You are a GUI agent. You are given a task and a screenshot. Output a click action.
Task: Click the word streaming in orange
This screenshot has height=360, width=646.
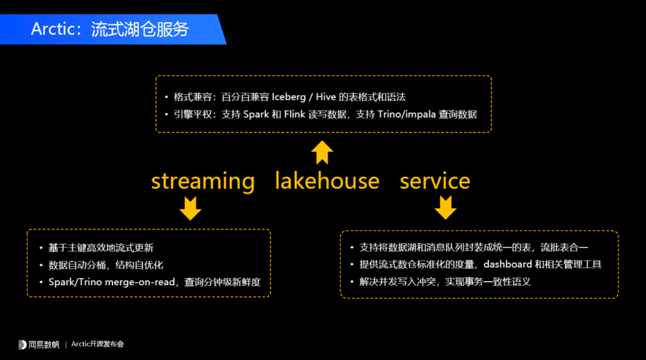[x=203, y=181]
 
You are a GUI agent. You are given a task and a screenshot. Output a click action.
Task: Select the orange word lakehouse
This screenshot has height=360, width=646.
[x=327, y=181]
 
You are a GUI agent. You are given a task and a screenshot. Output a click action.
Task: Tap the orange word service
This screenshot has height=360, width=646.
[x=435, y=181]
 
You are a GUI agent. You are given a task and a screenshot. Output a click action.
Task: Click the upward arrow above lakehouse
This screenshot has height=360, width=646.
[x=322, y=152]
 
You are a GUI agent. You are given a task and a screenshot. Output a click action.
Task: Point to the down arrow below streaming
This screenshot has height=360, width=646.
[x=191, y=208]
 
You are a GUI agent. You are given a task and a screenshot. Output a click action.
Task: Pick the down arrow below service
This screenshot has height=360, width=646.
[x=446, y=208]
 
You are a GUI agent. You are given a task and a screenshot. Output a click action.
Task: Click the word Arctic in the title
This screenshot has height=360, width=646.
[x=51, y=29]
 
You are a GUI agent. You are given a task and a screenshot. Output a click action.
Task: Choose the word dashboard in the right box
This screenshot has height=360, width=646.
[x=508, y=264]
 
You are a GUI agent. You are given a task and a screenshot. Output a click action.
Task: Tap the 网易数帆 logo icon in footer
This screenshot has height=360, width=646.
[x=23, y=344]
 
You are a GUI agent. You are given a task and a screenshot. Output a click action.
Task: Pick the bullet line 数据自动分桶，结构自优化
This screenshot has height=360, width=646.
[x=106, y=264]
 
